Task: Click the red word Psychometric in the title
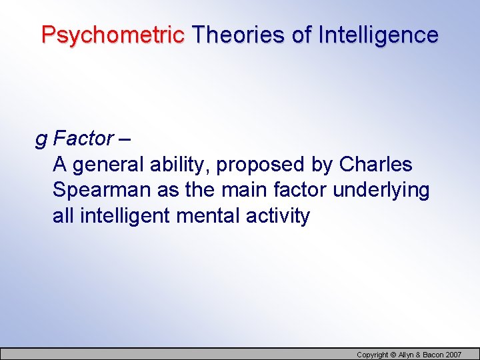113,35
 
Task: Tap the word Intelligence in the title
378,35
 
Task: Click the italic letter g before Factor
41,139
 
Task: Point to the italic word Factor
83,139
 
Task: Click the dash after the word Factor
126,139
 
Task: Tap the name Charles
376,164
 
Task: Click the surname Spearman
102,191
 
